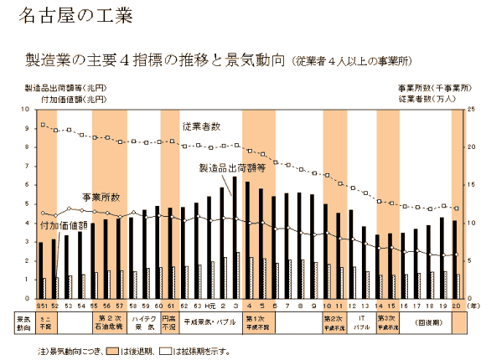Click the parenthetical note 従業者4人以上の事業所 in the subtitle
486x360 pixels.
(351, 61)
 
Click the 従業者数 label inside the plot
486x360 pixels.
(202, 126)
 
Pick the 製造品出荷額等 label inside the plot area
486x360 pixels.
(231, 167)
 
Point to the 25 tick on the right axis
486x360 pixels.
(472, 110)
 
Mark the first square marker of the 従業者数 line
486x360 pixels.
(43, 126)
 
